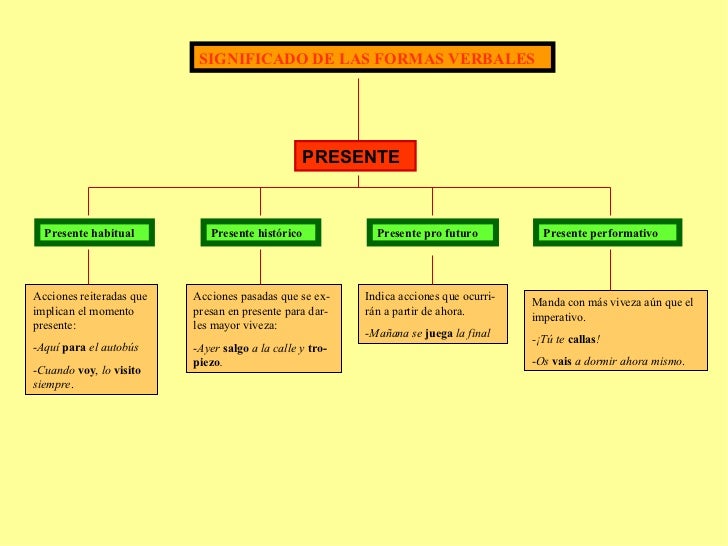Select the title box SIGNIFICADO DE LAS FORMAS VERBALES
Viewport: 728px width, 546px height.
pyautogui.click(x=371, y=58)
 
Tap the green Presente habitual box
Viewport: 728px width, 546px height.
pyautogui.click(x=89, y=233)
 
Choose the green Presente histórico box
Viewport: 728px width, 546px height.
pyautogui.click(x=260, y=233)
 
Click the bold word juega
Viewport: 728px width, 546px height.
pyautogui.click(x=438, y=333)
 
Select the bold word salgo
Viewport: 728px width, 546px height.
pyautogui.click(x=236, y=348)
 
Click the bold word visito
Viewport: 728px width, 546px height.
pyautogui.click(x=128, y=371)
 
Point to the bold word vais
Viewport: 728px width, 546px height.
pyautogui.click(x=561, y=362)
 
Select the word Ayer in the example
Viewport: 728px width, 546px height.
pyautogui.click(x=208, y=348)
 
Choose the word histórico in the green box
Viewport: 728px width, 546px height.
pyautogui.click(x=273, y=234)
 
